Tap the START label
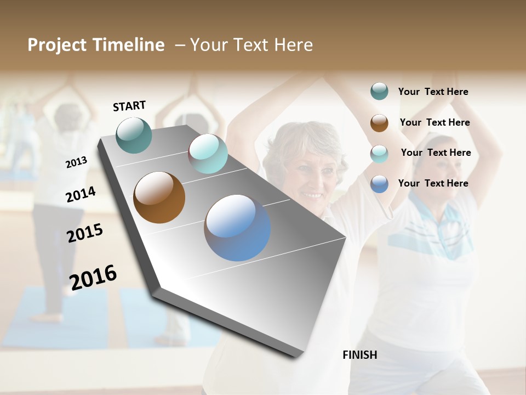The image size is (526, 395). (x=129, y=106)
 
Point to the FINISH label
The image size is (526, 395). (x=360, y=355)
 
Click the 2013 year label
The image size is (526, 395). (x=76, y=162)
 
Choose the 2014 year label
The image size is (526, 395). (x=81, y=194)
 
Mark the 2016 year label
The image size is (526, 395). (x=93, y=277)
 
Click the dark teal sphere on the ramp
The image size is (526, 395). (x=134, y=135)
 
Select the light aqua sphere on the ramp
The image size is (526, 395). (x=208, y=154)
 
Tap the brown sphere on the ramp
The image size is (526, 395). (x=159, y=198)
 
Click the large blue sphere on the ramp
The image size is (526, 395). (x=237, y=228)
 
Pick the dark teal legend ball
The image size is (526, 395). (x=379, y=92)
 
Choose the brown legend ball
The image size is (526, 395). (x=379, y=123)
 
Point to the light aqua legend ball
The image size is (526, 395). (x=379, y=154)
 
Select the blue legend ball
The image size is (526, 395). (x=379, y=184)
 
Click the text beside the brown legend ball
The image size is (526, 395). (x=434, y=122)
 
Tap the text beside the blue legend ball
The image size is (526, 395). (x=433, y=183)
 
